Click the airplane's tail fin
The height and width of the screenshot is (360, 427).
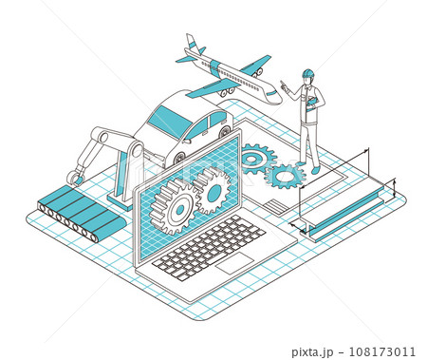click(x=194, y=44)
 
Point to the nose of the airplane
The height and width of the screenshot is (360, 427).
click(x=278, y=97)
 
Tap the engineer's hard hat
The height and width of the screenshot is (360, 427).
click(x=306, y=73)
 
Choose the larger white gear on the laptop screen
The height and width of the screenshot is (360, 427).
click(x=176, y=200)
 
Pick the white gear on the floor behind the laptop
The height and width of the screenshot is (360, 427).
click(x=253, y=158)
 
